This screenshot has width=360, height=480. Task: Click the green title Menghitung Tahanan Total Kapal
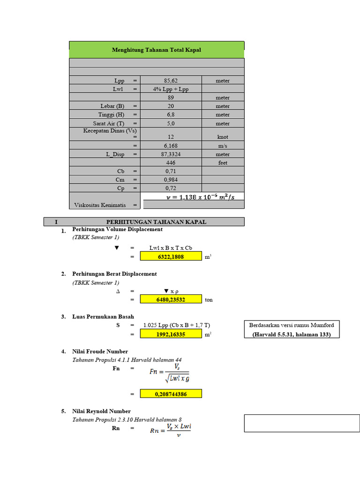157,49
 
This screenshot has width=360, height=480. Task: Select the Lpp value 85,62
171,81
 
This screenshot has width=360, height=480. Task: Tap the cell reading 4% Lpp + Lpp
171,89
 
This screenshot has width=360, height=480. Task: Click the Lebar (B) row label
112,106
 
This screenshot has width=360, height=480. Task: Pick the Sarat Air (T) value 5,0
171,123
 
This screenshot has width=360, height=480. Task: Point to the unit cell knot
223,137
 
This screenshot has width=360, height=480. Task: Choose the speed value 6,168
171,146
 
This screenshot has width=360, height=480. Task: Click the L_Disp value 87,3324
171,154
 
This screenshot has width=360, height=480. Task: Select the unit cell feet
223,163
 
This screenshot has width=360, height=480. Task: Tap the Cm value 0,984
171,180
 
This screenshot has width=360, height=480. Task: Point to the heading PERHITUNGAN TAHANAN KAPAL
156,222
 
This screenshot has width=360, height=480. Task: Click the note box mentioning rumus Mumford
291,330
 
